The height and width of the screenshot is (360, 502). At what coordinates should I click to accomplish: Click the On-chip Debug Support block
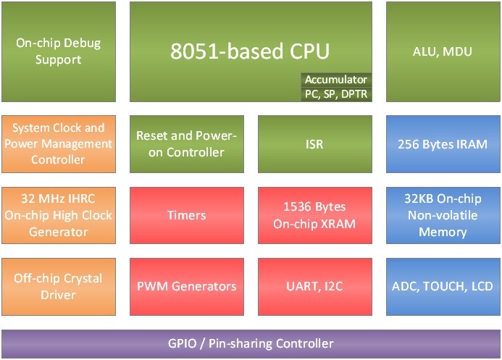[58, 51]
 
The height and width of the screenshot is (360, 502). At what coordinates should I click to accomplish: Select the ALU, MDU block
[442, 51]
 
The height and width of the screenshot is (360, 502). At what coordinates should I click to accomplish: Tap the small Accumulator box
[336, 80]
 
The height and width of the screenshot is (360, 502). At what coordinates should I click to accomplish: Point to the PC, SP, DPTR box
[336, 93]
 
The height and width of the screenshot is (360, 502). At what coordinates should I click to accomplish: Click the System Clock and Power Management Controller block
[58, 143]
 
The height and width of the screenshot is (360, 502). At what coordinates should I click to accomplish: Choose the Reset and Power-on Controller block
[186, 143]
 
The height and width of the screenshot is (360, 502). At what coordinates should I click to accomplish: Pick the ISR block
[314, 143]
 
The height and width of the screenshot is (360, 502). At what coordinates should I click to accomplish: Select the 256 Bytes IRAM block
[442, 143]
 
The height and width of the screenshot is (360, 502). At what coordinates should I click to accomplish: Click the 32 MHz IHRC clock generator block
[58, 214]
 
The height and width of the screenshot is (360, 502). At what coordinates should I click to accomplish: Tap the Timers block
[186, 214]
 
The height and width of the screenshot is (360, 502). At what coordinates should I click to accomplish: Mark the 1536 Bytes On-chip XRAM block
[314, 214]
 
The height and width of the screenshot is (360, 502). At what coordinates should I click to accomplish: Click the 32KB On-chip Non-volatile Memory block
[442, 214]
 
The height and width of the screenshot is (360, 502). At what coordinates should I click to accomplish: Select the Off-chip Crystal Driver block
[58, 286]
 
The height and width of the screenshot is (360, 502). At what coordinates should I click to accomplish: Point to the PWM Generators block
[186, 286]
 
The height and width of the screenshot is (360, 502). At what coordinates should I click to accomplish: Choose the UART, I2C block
[314, 286]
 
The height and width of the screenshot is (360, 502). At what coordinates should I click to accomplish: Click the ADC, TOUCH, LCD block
[442, 286]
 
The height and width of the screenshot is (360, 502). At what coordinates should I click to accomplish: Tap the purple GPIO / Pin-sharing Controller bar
[251, 343]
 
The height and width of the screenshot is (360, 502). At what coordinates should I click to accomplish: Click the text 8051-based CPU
[250, 51]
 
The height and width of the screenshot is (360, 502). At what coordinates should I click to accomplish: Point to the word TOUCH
[443, 286]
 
